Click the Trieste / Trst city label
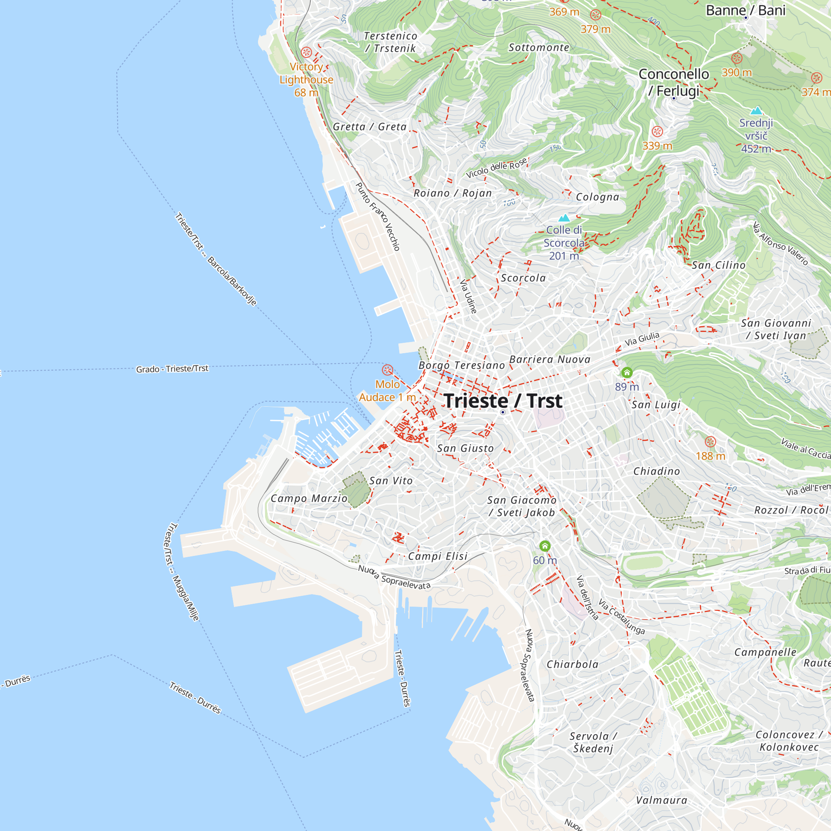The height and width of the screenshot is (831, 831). tap(503, 401)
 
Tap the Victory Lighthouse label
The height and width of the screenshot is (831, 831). tap(306, 80)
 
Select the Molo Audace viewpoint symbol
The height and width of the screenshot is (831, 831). tap(388, 370)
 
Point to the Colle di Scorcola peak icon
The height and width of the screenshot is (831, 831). tap(564, 218)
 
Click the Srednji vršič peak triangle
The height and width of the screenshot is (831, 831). tap(756, 111)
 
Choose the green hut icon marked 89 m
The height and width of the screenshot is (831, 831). tap(627, 372)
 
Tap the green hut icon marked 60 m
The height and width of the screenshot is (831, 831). tap(545, 546)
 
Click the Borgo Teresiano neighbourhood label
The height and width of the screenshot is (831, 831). tap(462, 365)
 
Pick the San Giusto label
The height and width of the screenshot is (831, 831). tap(465, 448)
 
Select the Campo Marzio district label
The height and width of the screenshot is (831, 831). tap(309, 498)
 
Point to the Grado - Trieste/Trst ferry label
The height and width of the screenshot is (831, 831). tap(172, 369)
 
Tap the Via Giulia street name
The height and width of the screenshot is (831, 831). tap(642, 339)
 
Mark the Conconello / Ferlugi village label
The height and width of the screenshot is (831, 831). tap(674, 82)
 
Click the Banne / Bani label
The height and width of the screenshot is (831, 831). tap(745, 10)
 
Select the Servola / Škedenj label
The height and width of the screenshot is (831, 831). tap(593, 742)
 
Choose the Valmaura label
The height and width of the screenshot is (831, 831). tap(661, 800)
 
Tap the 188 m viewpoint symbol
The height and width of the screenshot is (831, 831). tap(710, 442)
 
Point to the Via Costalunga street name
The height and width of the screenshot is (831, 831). tap(622, 617)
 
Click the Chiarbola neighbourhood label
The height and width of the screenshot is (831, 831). tap(573, 664)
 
